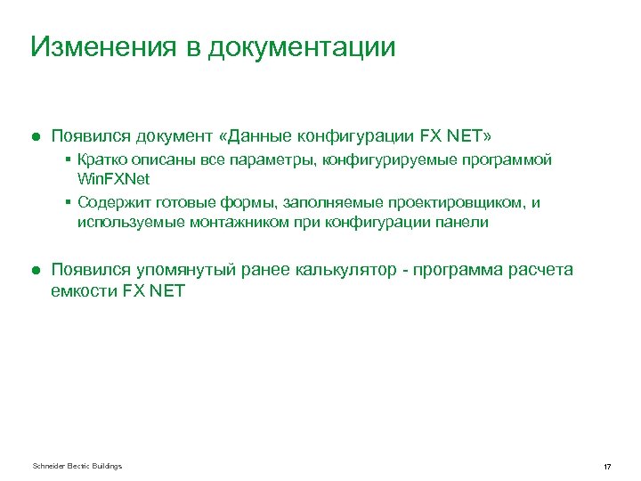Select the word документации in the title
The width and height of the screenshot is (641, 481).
click(302, 46)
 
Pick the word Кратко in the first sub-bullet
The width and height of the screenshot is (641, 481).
click(101, 160)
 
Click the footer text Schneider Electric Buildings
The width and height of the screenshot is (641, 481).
click(77, 466)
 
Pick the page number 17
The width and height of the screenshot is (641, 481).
click(606, 467)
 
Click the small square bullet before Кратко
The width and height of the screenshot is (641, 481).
click(69, 160)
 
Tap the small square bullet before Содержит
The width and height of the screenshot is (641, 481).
click(69, 203)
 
